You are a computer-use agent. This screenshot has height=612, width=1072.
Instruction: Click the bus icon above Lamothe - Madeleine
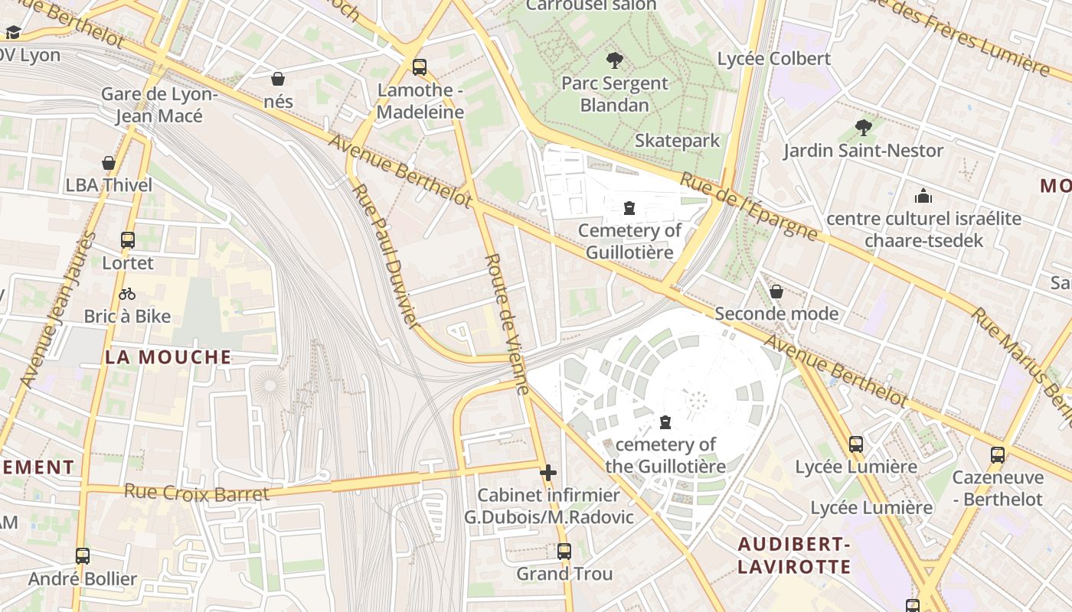pyautogui.click(x=419, y=67)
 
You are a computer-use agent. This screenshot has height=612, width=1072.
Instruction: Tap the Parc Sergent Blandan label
pyautogui.click(x=615, y=94)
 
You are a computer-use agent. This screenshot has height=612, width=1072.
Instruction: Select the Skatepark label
pyautogui.click(x=677, y=141)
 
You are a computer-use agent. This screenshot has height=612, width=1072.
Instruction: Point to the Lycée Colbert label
pyautogui.click(x=773, y=59)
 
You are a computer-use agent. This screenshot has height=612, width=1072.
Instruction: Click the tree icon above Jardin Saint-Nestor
pyautogui.click(x=864, y=128)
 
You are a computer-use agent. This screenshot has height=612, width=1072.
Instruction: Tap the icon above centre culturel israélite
pyautogui.click(x=923, y=196)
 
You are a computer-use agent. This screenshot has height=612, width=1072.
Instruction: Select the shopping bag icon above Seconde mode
pyautogui.click(x=776, y=291)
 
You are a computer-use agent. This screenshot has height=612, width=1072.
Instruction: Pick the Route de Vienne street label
pyautogui.click(x=508, y=324)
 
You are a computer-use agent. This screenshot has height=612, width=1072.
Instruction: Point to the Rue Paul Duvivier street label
pyautogui.click(x=387, y=256)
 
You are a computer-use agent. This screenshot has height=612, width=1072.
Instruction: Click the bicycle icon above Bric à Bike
pyautogui.click(x=127, y=294)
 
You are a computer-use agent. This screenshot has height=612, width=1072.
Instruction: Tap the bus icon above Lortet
pyautogui.click(x=128, y=240)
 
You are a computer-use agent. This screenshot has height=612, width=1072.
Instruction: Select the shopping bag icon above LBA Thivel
pyautogui.click(x=109, y=163)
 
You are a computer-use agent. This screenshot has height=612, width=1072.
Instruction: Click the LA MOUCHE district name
pyautogui.click(x=168, y=357)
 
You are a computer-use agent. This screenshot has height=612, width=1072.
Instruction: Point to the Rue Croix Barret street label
pyautogui.click(x=197, y=493)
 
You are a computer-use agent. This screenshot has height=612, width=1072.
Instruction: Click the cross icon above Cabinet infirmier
pyautogui.click(x=548, y=473)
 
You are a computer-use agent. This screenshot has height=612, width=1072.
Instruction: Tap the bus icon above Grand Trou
pyautogui.click(x=564, y=551)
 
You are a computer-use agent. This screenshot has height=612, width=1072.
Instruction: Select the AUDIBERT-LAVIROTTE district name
pyautogui.click(x=794, y=555)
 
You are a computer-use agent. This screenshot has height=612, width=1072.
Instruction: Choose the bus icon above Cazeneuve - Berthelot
pyautogui.click(x=997, y=455)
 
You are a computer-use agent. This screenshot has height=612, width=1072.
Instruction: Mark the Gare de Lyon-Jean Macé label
pyautogui.click(x=159, y=105)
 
